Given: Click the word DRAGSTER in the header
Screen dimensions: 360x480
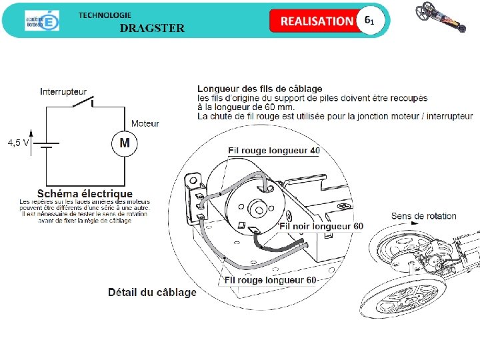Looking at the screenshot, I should pos(152,28).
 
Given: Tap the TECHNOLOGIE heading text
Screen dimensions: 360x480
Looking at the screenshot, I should pos(105,15).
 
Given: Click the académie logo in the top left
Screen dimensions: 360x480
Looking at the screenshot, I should pos(42,21).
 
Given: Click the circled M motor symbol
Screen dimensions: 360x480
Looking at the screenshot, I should pos(125,143).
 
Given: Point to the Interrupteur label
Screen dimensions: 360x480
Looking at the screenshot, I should pos(63,91).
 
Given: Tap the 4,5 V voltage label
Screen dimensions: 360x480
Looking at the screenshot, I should pos(18,143).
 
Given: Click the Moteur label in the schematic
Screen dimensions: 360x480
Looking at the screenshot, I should pos(145,123).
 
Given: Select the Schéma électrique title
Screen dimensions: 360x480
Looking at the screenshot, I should pos(85,194).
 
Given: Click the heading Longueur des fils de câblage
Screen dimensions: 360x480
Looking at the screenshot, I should pos(260,89).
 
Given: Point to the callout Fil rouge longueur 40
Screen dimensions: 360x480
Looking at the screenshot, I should pos(273,151).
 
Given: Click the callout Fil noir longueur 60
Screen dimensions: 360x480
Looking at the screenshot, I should pos(321,226).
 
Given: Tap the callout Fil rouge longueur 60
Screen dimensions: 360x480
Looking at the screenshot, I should pos(270,280).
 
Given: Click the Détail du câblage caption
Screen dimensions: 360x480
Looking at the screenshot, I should pos(152,292).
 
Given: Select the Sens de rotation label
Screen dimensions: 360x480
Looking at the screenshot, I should pos(423,216).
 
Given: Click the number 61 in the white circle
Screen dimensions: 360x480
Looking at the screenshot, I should pos(369,20).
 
